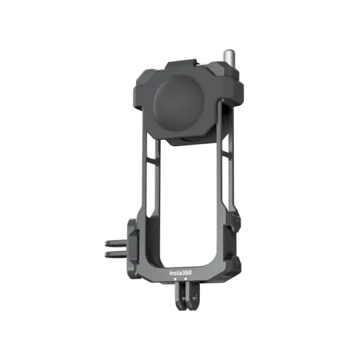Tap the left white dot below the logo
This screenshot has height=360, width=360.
pyautogui.click(x=175, y=278)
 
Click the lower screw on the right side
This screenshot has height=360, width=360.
pyautogui.click(x=236, y=262)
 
